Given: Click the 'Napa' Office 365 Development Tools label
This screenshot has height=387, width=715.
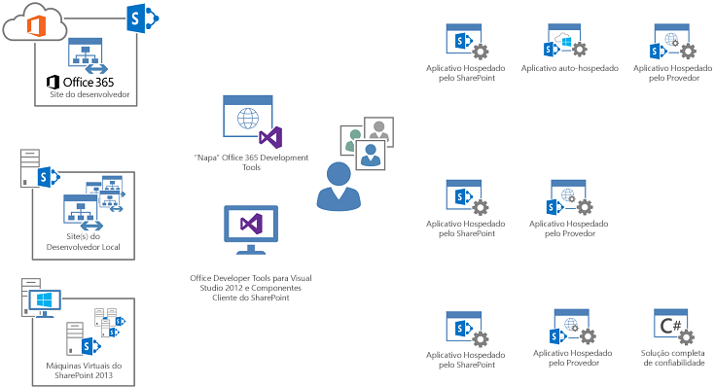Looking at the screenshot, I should (251, 161).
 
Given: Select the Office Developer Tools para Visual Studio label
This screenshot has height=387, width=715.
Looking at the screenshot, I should (250, 288).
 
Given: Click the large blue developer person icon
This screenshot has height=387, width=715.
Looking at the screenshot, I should (338, 186).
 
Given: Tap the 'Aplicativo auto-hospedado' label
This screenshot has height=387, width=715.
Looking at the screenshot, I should (569, 69).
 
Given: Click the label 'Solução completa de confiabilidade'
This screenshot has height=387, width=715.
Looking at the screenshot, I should (672, 358).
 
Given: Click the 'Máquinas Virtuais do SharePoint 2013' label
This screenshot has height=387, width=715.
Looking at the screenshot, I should (84, 370).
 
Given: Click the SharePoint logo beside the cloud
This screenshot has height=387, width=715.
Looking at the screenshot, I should (143, 18).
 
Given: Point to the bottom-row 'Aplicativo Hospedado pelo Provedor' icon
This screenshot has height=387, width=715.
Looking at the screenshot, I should (569, 329).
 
